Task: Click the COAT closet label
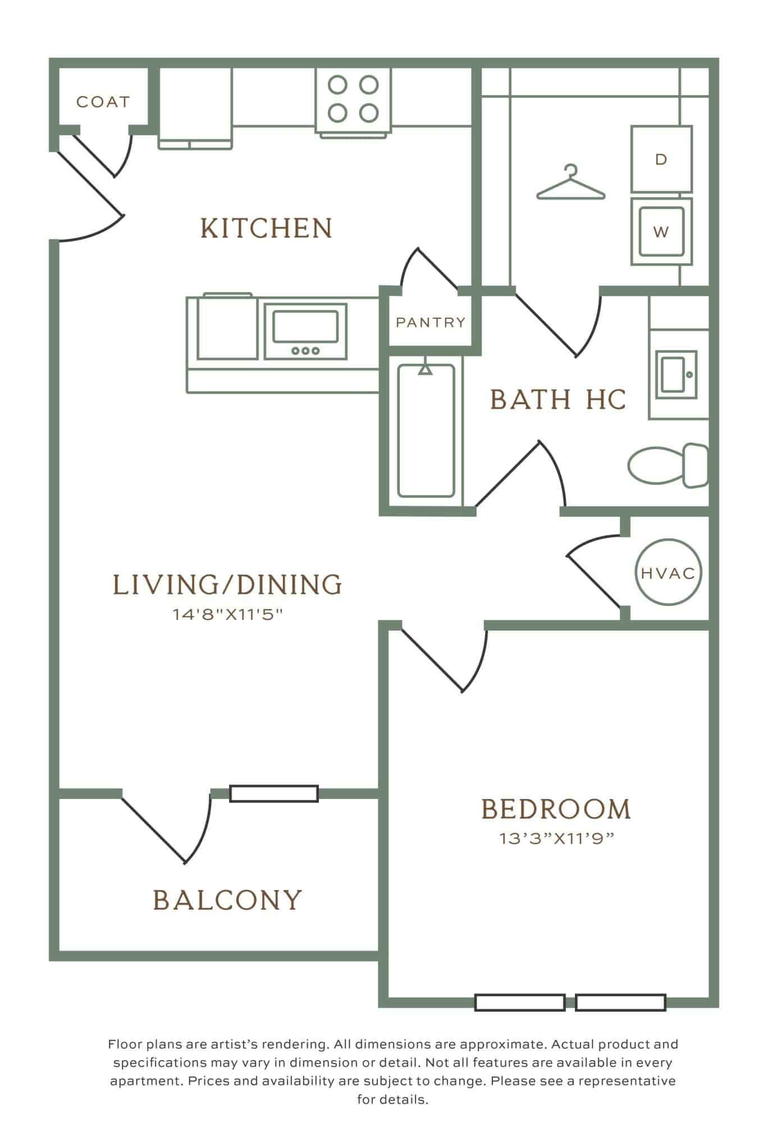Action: (x=103, y=102)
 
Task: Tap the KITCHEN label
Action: (x=266, y=228)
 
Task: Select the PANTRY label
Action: (x=431, y=322)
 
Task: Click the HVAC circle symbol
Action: (x=668, y=573)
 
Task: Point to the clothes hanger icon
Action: (x=571, y=182)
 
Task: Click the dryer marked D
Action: (x=661, y=159)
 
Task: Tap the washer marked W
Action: (x=661, y=231)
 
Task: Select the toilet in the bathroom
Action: (x=667, y=465)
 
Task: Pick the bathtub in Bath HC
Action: (x=426, y=431)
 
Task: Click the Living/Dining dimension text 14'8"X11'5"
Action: (x=227, y=614)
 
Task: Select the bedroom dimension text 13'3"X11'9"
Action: (x=556, y=838)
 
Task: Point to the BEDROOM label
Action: (x=556, y=809)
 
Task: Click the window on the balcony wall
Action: (x=274, y=793)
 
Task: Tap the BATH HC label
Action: (x=557, y=399)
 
